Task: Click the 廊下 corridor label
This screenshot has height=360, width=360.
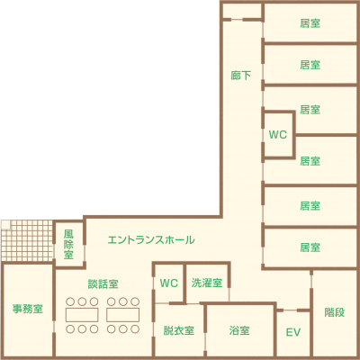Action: pos(240,76)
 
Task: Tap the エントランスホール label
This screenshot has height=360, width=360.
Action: pos(151,239)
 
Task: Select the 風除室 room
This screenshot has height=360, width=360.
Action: pos(68,244)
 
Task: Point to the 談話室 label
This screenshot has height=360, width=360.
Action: pos(103,283)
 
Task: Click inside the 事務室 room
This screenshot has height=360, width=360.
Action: pos(27,309)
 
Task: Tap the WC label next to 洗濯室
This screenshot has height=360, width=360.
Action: pos(169,283)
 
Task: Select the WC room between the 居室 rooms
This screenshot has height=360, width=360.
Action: pos(278,135)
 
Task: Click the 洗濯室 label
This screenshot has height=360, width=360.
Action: pos(207,283)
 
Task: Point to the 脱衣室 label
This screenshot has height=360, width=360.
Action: pos(179,330)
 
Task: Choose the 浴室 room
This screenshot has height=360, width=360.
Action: pos(239,330)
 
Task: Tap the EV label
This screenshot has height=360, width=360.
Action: pos(293,332)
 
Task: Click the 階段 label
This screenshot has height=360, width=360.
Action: pos(335,312)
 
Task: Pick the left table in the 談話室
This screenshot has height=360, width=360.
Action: pos(82,315)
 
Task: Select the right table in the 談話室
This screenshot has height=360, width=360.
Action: pos(122,315)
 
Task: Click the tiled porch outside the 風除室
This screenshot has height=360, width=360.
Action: pos(27,240)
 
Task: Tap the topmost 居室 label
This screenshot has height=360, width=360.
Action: pos(310,23)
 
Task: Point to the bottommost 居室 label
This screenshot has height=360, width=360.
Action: pos(310,247)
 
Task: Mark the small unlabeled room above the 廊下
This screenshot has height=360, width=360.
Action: pos(242,11)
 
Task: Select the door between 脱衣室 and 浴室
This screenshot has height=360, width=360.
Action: pos(205,341)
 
